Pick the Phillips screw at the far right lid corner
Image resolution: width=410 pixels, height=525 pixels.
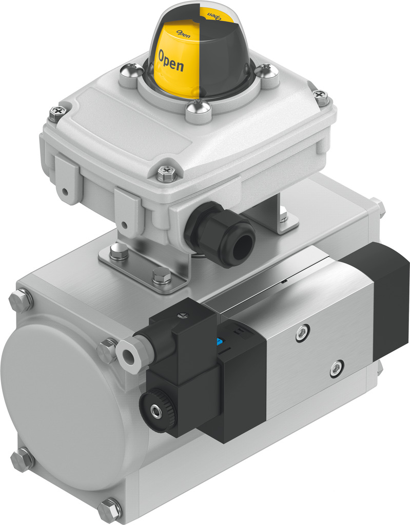(x=321, y=95)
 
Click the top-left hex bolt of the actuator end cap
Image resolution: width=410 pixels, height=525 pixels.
(x=21, y=300)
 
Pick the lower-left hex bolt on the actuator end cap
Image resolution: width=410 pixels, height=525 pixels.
(x=22, y=459)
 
